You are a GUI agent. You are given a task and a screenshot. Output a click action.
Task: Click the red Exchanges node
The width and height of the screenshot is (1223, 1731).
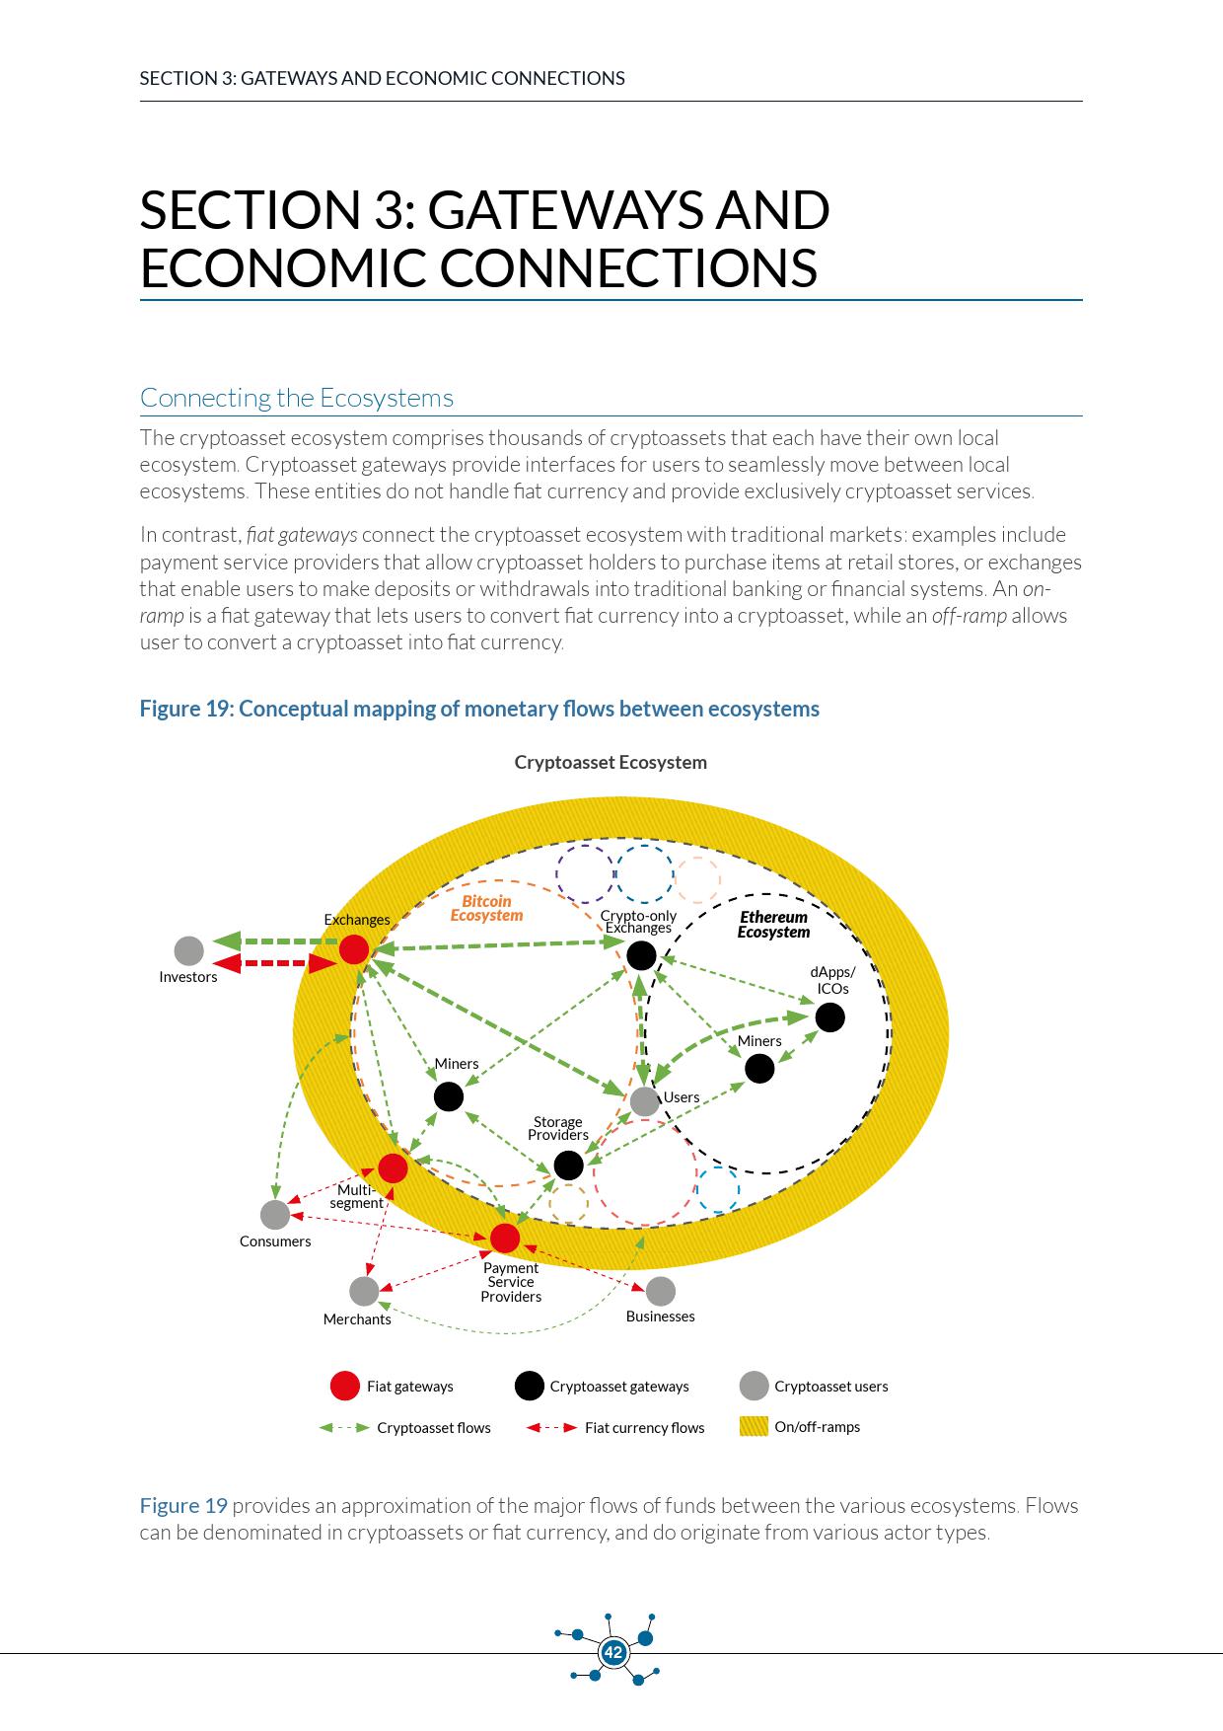click(354, 949)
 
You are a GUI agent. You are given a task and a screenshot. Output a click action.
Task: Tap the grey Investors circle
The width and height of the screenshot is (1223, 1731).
click(188, 950)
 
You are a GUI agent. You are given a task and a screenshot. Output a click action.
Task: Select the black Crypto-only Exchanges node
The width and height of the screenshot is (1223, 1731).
click(641, 955)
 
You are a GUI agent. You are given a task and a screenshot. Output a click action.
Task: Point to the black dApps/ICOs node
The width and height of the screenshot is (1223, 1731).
click(829, 1017)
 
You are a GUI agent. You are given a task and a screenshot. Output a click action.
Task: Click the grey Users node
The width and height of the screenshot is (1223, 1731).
click(644, 1100)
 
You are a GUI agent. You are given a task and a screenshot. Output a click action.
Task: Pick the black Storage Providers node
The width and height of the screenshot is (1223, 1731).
click(568, 1166)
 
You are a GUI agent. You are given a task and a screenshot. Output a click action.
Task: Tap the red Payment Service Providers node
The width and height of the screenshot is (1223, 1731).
click(505, 1238)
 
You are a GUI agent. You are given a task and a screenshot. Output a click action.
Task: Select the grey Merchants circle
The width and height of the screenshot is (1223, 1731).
click(364, 1291)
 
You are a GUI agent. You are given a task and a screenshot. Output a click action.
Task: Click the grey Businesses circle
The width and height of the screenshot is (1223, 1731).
click(660, 1291)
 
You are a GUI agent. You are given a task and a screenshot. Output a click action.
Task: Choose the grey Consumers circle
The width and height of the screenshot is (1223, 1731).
click(275, 1214)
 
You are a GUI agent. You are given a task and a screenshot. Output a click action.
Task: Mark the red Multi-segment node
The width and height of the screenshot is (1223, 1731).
click(393, 1168)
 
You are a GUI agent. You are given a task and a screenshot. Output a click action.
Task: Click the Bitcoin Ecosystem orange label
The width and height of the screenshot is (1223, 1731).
click(486, 908)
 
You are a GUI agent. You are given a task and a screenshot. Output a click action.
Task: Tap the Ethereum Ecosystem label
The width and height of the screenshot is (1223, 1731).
click(773, 925)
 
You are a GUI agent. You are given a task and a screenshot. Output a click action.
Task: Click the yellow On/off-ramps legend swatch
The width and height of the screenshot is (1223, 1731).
click(754, 1426)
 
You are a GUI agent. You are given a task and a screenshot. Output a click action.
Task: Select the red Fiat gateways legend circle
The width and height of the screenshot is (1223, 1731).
click(344, 1386)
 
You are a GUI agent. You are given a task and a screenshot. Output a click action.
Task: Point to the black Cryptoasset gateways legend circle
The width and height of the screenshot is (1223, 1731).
click(530, 1386)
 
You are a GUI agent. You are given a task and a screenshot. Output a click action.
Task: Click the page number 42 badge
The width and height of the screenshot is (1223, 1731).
click(613, 1652)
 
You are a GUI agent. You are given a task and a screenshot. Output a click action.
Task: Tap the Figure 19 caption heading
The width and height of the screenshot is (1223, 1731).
click(479, 709)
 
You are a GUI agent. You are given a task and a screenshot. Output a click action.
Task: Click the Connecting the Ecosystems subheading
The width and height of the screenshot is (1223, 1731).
click(297, 398)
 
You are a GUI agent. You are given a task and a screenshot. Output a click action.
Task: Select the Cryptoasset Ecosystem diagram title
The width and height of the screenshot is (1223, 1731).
click(611, 762)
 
